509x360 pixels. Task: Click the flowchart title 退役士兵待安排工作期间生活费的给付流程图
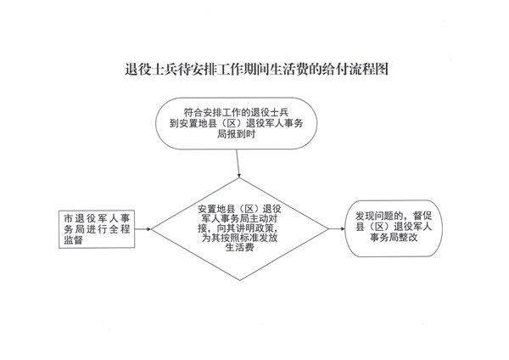pyautogui.click(x=256, y=69)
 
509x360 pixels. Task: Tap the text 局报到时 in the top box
pyautogui.click(x=237, y=134)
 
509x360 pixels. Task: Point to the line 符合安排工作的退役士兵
pyautogui.click(x=237, y=112)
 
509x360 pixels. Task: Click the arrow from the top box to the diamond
pyautogui.click(x=238, y=163)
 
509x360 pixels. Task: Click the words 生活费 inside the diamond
pyautogui.click(x=239, y=248)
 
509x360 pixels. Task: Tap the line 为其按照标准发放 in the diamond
pyautogui.click(x=239, y=238)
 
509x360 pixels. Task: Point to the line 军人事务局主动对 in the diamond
pyautogui.click(x=239, y=218)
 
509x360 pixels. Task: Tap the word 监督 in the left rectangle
pyautogui.click(x=73, y=240)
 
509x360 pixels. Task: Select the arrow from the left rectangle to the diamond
pyautogui.click(x=143, y=229)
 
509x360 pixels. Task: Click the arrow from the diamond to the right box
pyautogui.click(x=337, y=228)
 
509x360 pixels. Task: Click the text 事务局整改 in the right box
pyautogui.click(x=394, y=238)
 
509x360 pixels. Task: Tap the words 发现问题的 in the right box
pyautogui.click(x=379, y=216)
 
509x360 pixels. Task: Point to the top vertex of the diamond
pyautogui.click(x=239, y=177)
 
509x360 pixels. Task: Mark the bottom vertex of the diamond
pyautogui.click(x=240, y=280)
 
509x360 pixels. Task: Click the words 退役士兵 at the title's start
pyautogui.click(x=152, y=69)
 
